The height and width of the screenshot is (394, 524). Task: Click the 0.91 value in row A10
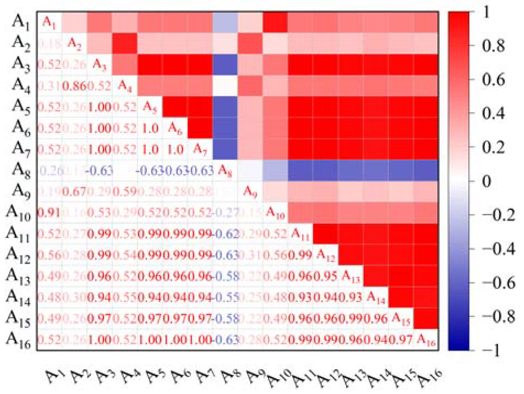(x=49, y=213)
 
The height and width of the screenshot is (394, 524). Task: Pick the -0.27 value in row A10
(x=225, y=213)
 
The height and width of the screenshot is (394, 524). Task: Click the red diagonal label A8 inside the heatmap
(x=225, y=171)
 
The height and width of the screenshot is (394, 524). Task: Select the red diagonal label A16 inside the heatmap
(x=426, y=340)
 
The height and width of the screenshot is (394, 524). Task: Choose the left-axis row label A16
(x=18, y=340)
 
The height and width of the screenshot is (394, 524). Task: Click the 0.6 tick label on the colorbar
(x=493, y=80)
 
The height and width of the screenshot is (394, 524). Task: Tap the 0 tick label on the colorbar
(x=486, y=181)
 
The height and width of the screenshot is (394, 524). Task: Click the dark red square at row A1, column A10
(x=275, y=22)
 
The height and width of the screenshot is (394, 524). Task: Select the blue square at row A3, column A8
(x=225, y=65)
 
